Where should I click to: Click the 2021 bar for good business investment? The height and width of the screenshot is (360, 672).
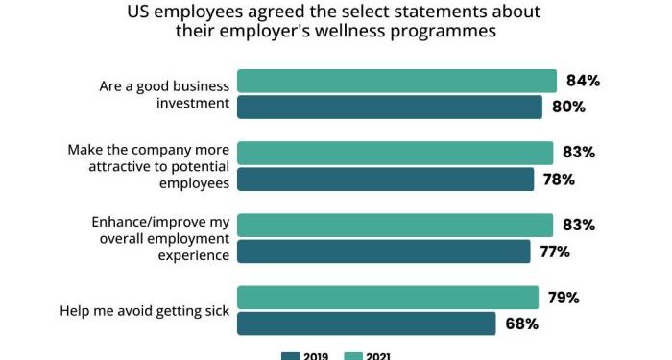[396, 81]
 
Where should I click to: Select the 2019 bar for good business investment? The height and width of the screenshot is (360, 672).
[390, 107]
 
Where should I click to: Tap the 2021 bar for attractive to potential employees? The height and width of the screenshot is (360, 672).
[395, 153]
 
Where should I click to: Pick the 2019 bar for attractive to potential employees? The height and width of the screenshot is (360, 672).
[385, 180]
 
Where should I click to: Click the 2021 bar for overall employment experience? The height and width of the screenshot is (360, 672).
[395, 225]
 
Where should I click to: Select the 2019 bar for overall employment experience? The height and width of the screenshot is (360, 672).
[383, 252]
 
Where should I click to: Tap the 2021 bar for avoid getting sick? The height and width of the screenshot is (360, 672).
[388, 298]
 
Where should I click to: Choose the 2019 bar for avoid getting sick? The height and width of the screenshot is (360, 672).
[366, 324]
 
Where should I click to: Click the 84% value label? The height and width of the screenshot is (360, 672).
[582, 81]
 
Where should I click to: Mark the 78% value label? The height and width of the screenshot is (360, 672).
[558, 180]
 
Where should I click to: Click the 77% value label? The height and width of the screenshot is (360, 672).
[555, 252]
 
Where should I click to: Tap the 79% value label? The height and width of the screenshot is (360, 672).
[563, 298]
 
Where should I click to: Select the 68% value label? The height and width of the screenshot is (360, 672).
[520, 324]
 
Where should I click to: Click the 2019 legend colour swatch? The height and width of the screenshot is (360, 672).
[291, 356]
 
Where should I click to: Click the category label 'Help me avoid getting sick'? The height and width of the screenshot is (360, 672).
[145, 310]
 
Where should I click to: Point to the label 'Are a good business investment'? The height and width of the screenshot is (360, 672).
[164, 94]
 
